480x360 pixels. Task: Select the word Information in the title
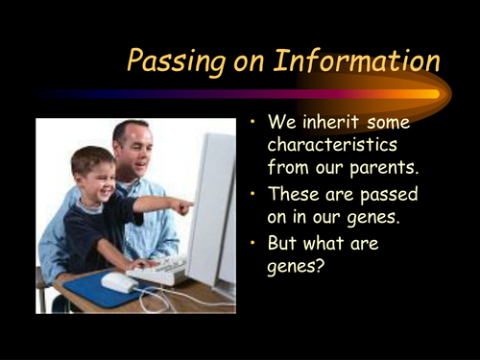[356, 61]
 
